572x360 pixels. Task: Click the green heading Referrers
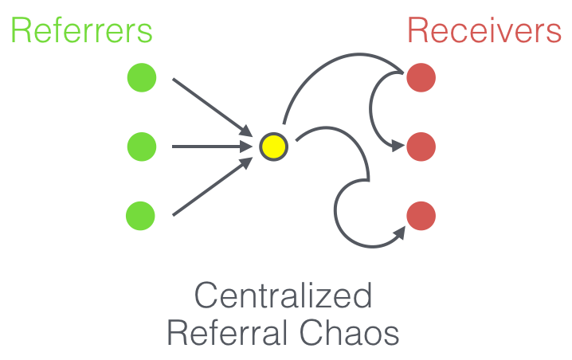[80, 31]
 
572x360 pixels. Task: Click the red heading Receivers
[484, 31]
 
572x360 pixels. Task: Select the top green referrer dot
[142, 78]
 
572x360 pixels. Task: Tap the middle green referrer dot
[142, 147]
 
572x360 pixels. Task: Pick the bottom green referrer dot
[140, 215]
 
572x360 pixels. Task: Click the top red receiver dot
[421, 78]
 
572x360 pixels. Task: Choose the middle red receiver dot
[421, 147]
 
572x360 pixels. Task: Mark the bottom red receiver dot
[421, 216]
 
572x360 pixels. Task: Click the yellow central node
[272, 147]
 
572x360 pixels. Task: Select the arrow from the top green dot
[209, 104]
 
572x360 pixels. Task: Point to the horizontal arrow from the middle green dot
[209, 147]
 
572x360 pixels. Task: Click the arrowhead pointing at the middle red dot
[396, 146]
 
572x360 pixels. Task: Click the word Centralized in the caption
[284, 296]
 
